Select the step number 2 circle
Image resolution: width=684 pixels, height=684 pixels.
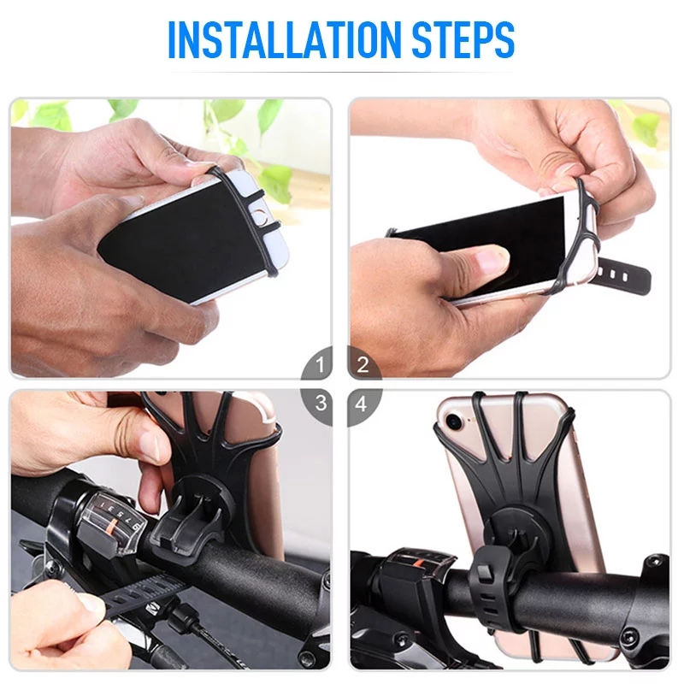[363, 366]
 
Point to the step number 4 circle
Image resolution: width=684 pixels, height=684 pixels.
[363, 403]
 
